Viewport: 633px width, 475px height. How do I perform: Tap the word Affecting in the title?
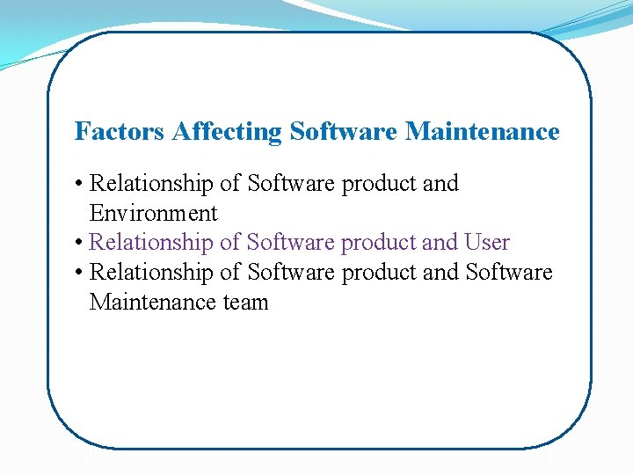[228, 132]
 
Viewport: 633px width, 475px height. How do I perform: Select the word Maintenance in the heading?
[482, 132]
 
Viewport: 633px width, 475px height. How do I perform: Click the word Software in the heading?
[344, 132]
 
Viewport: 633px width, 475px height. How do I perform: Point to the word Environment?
[153, 213]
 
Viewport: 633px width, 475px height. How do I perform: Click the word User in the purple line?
[487, 242]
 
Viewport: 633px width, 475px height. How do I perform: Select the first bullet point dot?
[79, 184]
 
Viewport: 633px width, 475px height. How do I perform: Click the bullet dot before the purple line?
[79, 242]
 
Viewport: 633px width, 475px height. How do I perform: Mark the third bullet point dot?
[79, 272]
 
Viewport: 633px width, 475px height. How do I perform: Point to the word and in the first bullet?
[440, 184]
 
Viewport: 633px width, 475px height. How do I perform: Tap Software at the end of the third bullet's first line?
[509, 272]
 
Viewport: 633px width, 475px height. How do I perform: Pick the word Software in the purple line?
[291, 242]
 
